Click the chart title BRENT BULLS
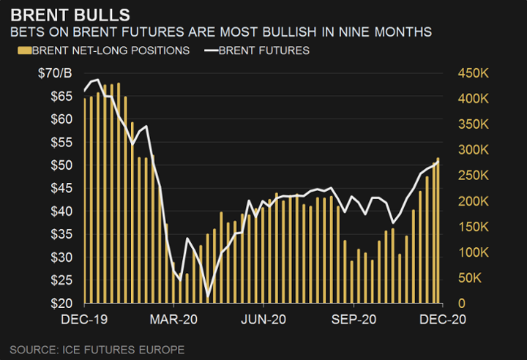tap(71, 14)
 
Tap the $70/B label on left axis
tap(56, 73)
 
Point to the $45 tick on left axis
tap(60, 188)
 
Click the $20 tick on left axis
tap(60, 303)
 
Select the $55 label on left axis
tap(60, 142)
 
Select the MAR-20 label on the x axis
tap(174, 319)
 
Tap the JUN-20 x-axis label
tap(263, 319)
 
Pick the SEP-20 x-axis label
tap(354, 319)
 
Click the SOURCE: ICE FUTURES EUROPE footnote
tap(97, 349)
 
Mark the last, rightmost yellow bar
tap(438, 230)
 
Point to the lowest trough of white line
tap(207, 296)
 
